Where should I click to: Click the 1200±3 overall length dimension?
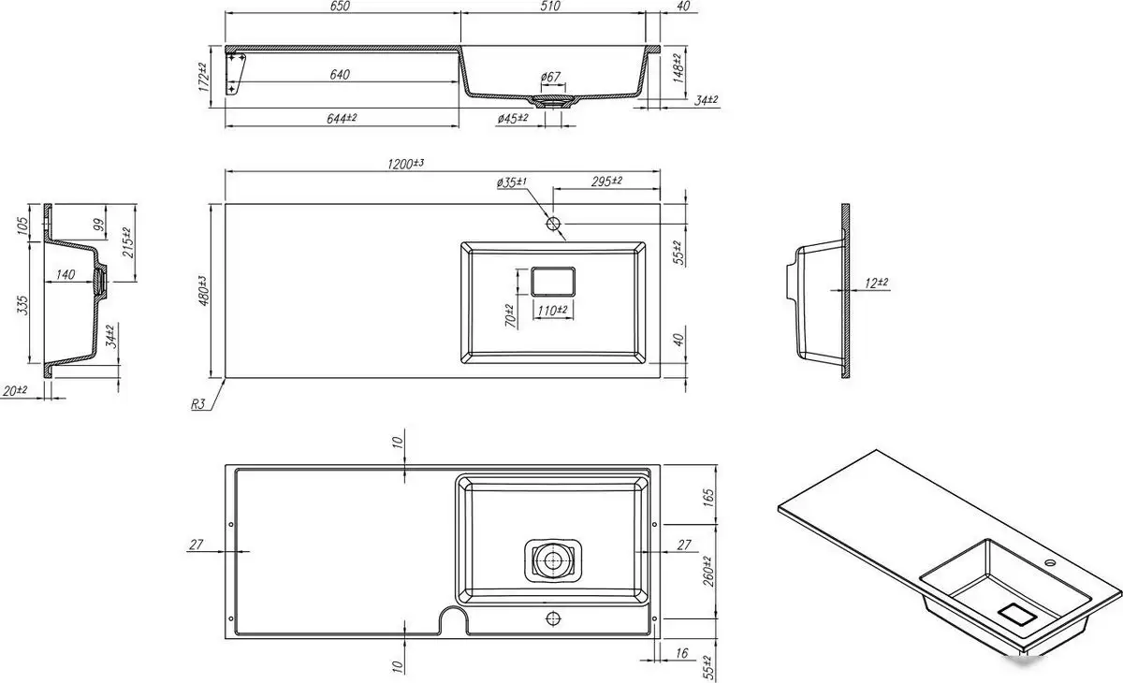coord(405,164)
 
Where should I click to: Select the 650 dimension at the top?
coord(340,6)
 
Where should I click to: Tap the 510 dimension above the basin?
coord(550,6)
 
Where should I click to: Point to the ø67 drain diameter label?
coord(550,77)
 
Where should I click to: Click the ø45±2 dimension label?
coord(513,118)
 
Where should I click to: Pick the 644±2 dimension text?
coord(342,118)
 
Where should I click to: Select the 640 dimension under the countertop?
coord(340,75)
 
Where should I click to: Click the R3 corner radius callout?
coord(198,404)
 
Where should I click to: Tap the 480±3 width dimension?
coord(203,291)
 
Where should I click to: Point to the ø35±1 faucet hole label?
coord(511,182)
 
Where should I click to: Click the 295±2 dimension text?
coord(606,181)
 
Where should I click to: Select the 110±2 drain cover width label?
coord(552,311)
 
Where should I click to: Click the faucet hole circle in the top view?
coord(553,224)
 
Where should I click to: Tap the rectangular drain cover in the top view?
coord(552,281)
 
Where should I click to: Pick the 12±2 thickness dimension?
coord(876,283)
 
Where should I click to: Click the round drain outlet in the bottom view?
coord(552,559)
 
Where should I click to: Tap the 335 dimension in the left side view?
coord(22,305)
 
